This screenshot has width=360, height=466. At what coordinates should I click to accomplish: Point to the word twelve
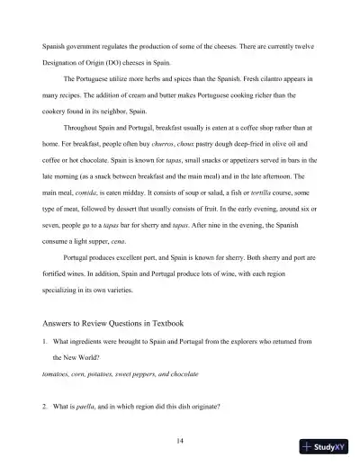coord(307,44)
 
